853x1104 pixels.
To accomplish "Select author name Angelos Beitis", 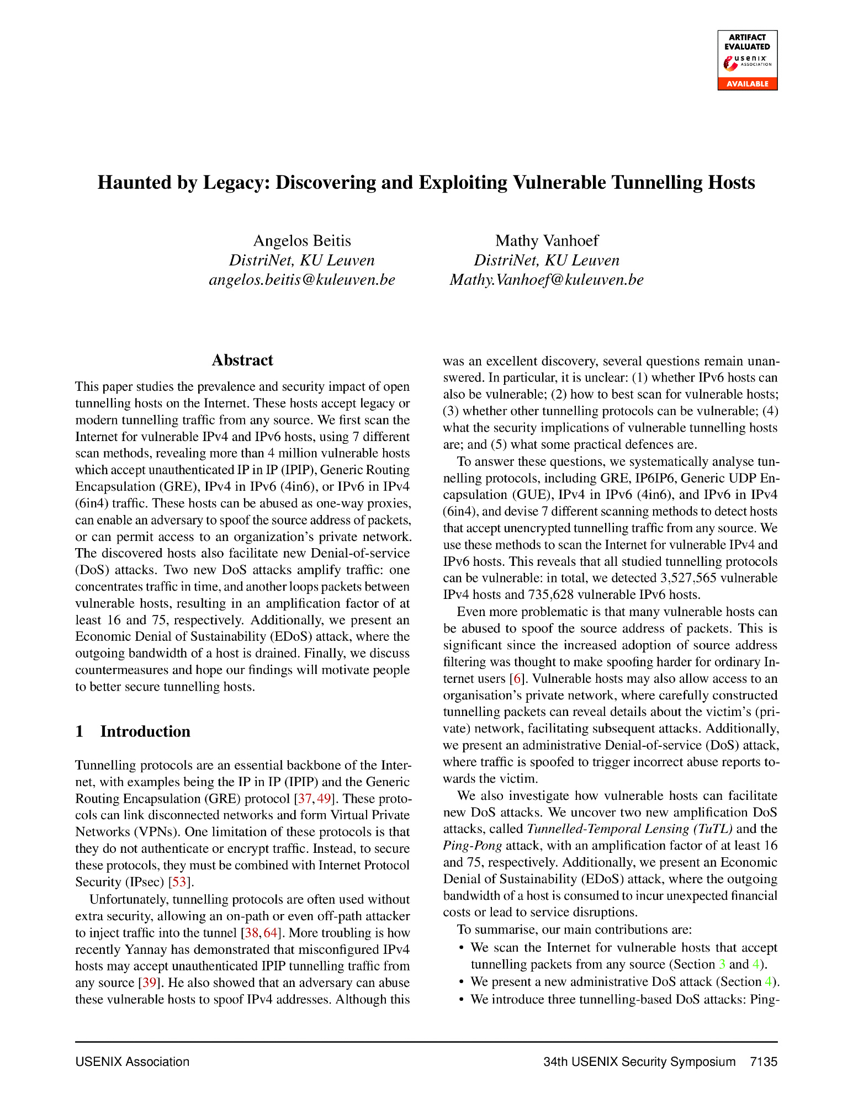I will (x=302, y=241).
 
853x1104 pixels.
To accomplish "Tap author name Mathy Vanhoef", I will (x=547, y=241).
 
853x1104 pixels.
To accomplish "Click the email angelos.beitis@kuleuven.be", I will (x=302, y=280).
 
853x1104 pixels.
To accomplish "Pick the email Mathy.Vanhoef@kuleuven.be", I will (x=547, y=280).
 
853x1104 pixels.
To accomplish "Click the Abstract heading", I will (x=242, y=360).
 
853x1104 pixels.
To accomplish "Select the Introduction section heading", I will (x=145, y=731).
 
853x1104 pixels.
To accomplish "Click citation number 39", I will (x=149, y=983).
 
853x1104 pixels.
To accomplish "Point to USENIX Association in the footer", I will (x=133, y=1061).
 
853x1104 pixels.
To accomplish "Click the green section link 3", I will (x=722, y=964).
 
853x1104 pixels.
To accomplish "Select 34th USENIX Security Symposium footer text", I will (x=639, y=1061).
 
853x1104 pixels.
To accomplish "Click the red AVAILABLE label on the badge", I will (x=747, y=84).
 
